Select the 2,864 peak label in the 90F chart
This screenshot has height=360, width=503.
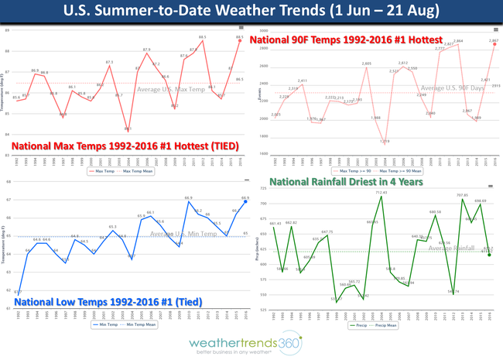point(458,40)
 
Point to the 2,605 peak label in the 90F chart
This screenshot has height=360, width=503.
point(366,63)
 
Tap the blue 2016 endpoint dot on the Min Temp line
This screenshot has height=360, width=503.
point(245,201)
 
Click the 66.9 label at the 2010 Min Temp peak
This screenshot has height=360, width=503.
point(189,198)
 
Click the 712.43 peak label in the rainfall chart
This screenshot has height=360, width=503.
point(381,193)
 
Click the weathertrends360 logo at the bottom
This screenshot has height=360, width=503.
point(251,343)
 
